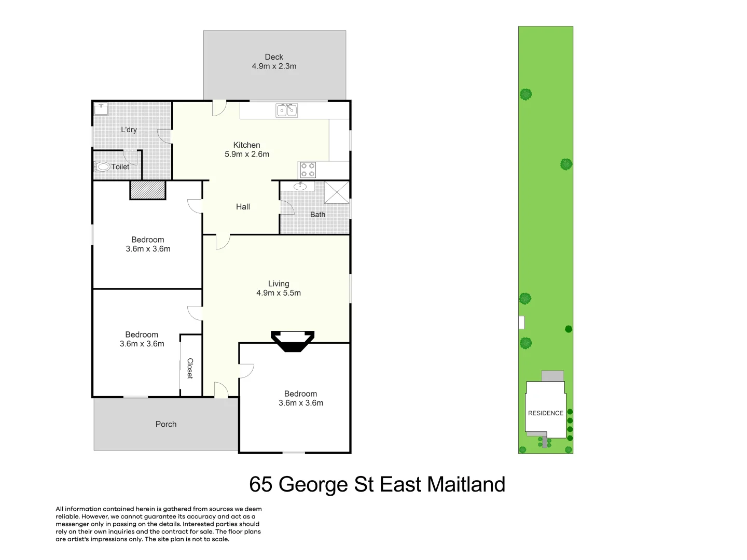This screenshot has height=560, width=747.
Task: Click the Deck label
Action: pos(274,57)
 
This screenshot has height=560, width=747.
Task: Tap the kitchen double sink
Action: pos(286,110)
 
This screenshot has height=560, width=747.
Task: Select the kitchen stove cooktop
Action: pos(307,170)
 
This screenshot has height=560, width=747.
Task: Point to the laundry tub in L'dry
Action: pos(101,109)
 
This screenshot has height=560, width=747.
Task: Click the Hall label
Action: pos(243,207)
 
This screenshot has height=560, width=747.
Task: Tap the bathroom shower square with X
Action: pos(337,192)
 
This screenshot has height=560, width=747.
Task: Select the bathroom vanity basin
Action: pos(300,186)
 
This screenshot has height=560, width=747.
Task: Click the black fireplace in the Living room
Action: pos(293,341)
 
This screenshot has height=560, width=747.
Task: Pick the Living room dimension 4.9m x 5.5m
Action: pos(279,293)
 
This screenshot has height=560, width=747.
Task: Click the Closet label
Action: pos(190,368)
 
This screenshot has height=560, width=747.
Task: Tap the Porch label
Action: pos(166,424)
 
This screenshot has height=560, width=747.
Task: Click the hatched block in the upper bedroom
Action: pos(148,190)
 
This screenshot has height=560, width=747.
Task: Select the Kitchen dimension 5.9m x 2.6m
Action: pos(247,154)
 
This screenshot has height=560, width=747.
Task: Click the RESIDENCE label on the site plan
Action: pos(545,413)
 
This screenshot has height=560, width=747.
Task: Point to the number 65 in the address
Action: pos(261,485)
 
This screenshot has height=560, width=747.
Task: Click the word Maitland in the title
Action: pos(466,485)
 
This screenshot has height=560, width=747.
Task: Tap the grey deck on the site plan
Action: pos(552,376)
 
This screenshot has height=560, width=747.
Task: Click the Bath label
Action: pos(318,215)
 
